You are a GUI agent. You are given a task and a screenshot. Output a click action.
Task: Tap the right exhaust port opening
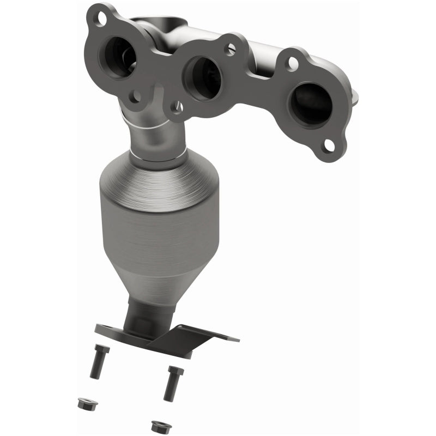click(x=309, y=104)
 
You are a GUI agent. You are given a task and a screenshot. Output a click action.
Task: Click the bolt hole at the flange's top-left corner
click(x=101, y=18)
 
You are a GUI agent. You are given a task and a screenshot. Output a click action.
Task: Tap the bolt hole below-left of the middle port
click(x=175, y=108)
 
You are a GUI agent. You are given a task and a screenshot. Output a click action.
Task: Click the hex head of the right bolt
click(x=175, y=371)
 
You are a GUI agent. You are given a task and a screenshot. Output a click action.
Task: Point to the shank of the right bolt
click(x=169, y=390)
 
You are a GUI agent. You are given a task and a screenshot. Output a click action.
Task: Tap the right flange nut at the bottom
click(x=159, y=424)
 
